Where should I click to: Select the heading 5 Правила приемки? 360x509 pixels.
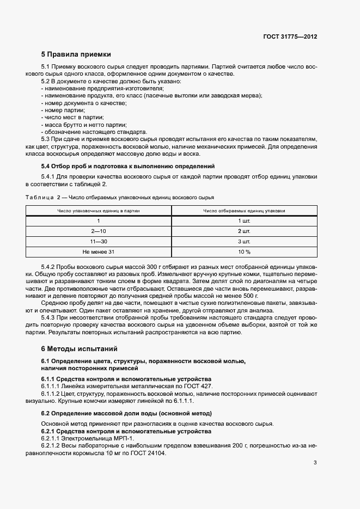click(76, 54)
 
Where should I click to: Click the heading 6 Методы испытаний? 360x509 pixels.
click(79, 348)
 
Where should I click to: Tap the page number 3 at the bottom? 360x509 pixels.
click(315, 463)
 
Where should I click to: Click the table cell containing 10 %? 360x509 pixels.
click(243, 252)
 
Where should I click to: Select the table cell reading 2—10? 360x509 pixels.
click(99, 231)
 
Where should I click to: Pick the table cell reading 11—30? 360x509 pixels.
click(99, 241)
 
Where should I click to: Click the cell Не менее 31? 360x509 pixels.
click(99, 252)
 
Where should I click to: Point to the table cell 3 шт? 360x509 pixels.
click(243, 241)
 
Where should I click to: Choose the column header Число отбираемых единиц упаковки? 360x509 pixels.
click(243, 210)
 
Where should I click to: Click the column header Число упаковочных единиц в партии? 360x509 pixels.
click(99, 210)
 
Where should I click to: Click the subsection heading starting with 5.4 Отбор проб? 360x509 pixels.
click(128, 165)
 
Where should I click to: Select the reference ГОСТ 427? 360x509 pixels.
click(198, 386)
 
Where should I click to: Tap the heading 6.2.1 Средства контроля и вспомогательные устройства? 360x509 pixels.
click(126, 431)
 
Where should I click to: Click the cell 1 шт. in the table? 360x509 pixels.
click(243, 220)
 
